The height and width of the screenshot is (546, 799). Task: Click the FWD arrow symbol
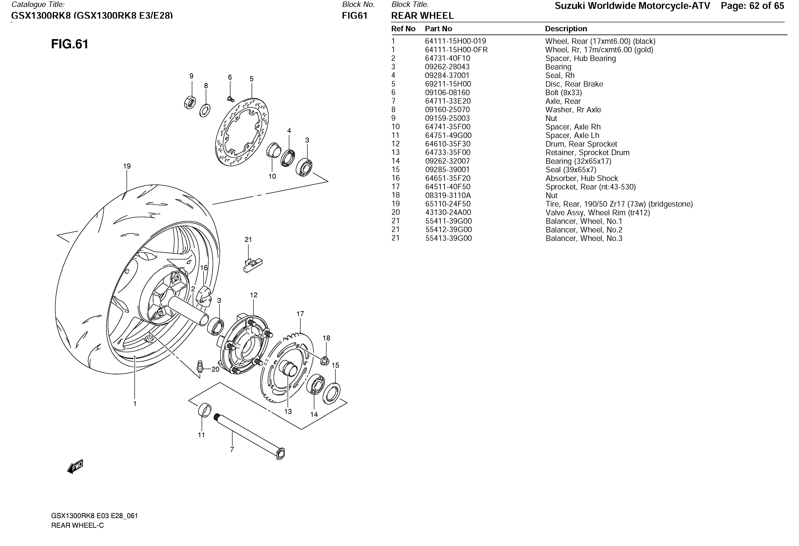[75, 467]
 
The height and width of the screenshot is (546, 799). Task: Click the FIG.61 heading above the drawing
[70, 44]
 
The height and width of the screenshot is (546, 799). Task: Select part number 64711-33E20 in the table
[448, 101]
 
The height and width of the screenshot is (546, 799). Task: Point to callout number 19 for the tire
[127, 166]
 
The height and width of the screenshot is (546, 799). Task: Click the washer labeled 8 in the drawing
[205, 110]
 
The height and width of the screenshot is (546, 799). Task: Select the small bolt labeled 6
[230, 99]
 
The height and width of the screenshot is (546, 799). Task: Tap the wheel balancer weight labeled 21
[253, 265]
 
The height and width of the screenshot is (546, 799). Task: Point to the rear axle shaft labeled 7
[249, 436]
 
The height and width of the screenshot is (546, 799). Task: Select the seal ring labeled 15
[332, 393]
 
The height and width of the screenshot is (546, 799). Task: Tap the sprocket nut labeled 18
[325, 361]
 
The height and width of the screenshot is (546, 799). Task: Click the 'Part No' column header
[438, 29]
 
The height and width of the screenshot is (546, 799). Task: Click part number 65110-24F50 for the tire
[448, 204]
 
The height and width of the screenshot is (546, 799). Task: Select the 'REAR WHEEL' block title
[422, 15]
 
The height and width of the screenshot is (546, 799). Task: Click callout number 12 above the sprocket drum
[254, 295]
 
